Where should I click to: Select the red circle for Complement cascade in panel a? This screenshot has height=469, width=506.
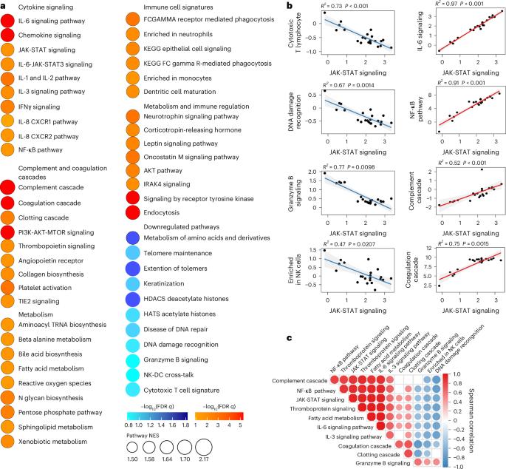click(x=7, y=188)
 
